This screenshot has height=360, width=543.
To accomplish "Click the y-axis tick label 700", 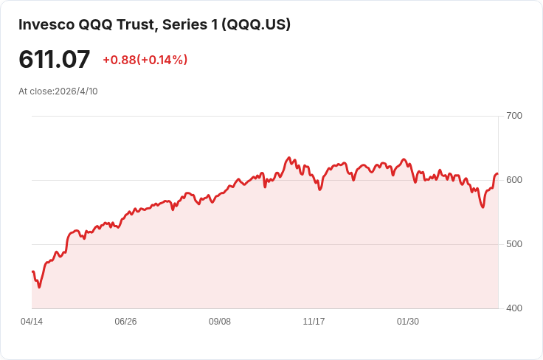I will (514, 116).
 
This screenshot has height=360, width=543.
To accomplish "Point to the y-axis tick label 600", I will (514, 180).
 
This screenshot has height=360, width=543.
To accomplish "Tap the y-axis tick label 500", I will (514, 244).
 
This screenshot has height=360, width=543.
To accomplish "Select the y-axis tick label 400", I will (514, 308).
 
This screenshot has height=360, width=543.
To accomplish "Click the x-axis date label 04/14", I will (32, 322).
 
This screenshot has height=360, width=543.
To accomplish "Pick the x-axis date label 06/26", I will (125, 322).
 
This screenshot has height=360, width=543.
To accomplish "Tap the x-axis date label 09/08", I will (220, 322).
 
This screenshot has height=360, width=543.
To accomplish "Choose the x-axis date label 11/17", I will (314, 322).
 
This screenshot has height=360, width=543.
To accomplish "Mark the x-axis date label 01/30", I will (408, 322).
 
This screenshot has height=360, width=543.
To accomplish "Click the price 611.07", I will (55, 60).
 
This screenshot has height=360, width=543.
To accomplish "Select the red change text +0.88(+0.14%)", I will (145, 60).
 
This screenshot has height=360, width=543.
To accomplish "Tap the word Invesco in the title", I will (46, 24).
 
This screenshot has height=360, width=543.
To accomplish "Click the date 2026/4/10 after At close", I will (76, 91).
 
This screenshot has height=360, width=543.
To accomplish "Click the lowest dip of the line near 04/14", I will (39, 287).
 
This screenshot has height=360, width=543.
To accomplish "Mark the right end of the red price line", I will (497, 174).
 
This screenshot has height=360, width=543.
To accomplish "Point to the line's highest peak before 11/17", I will (288, 158).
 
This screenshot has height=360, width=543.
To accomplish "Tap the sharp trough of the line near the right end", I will (483, 207).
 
